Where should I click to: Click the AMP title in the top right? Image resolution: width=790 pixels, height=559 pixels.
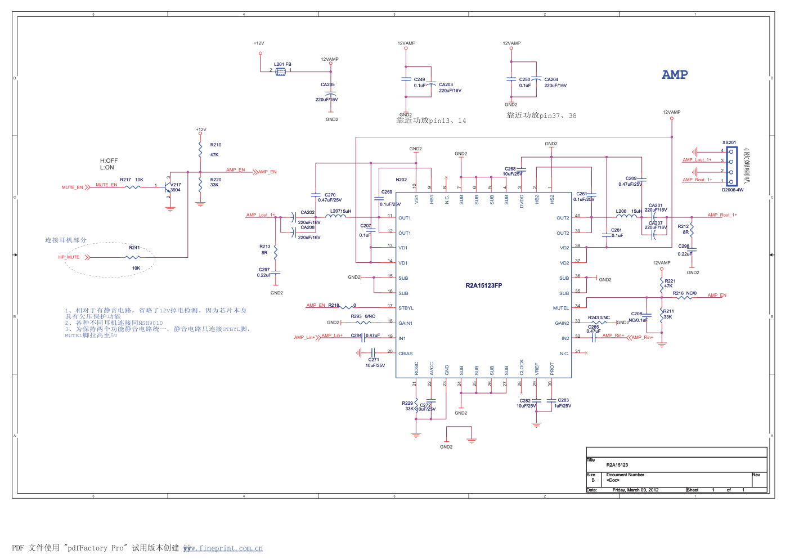point(675,75)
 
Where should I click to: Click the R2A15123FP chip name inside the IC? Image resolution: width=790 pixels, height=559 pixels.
point(483,285)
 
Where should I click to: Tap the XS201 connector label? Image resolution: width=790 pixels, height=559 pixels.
point(729,143)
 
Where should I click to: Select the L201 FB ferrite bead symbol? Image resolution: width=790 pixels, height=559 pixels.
point(281,71)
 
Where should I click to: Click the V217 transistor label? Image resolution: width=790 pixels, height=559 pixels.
point(176,185)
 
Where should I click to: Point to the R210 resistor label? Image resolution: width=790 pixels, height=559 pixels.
point(216,145)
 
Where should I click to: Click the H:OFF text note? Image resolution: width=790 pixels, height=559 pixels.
point(109,161)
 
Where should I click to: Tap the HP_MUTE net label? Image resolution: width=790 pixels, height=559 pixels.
point(69,257)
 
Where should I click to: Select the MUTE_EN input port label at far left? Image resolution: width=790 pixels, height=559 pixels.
point(73,187)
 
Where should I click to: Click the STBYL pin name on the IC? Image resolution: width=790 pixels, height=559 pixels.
point(406,308)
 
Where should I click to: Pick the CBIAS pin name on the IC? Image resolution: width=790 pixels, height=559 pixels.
point(405,354)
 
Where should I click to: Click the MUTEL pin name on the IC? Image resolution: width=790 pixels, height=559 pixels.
point(561,308)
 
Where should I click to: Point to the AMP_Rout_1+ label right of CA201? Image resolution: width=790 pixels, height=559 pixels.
point(722,215)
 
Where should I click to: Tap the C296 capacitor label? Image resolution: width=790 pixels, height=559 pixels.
point(684,246)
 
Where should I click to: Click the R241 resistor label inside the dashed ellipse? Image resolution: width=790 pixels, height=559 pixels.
point(134,248)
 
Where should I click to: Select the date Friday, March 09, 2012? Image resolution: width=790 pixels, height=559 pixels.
point(635,490)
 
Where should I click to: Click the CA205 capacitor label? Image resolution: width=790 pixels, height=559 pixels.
point(327,85)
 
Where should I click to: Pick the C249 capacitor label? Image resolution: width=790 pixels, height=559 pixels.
point(419,80)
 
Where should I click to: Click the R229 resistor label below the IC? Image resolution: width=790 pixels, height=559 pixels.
point(407,403)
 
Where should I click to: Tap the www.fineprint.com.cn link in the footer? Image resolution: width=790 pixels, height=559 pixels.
point(223,548)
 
